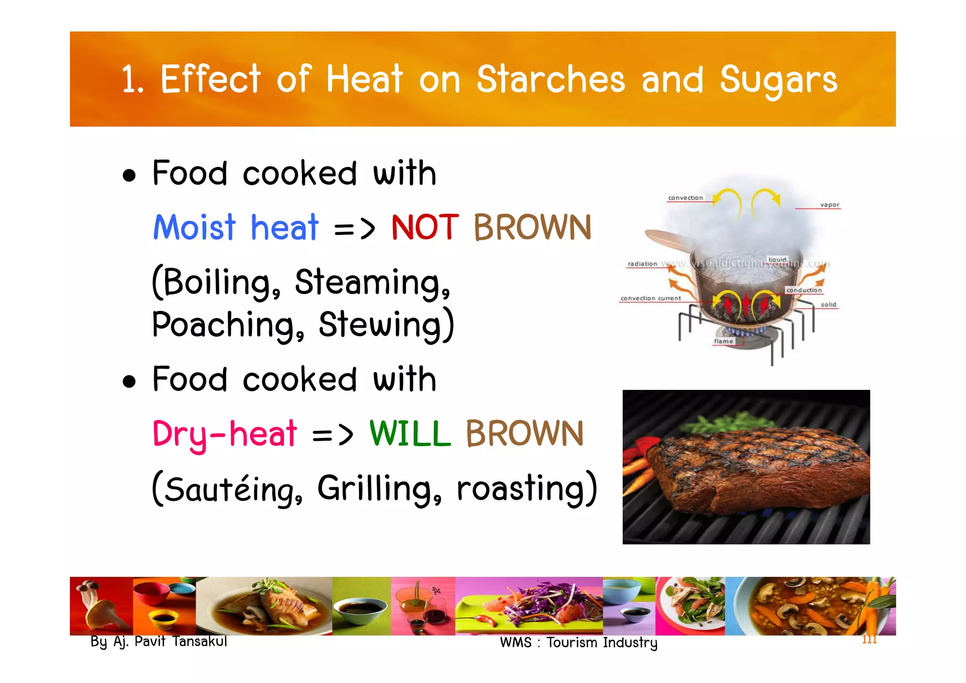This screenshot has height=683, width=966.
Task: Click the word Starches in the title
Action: click(550, 79)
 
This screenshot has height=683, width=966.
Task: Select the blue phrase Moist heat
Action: click(236, 228)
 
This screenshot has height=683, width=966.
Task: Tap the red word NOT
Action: click(425, 228)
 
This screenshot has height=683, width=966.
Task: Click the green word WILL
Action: click(410, 433)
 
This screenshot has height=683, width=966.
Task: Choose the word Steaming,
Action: click(373, 282)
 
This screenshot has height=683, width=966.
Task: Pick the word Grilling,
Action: click(380, 488)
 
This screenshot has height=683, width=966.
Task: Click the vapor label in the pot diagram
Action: click(830, 205)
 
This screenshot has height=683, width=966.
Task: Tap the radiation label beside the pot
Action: click(642, 264)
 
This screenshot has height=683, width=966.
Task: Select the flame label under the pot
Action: click(723, 341)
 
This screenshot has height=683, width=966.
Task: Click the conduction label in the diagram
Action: click(804, 290)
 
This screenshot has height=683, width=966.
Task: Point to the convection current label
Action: click(650, 298)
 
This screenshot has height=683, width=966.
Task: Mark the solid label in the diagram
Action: click(828, 305)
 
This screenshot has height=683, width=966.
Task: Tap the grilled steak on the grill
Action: click(755, 467)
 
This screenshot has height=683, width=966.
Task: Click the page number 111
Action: click(869, 640)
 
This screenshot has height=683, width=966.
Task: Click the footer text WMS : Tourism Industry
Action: click(578, 642)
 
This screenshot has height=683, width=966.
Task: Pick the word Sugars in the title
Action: click(778, 80)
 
